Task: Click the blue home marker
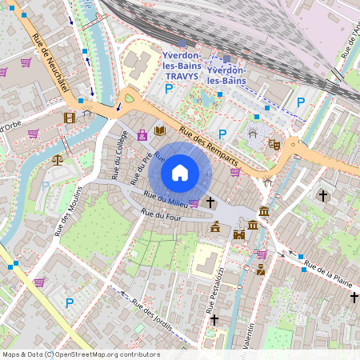(180, 172)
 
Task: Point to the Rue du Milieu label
(165, 199)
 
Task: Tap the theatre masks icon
(273, 144)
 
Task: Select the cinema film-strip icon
(70, 118)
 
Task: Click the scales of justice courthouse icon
(57, 159)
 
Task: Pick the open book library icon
(159, 130)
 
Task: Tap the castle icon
(238, 234)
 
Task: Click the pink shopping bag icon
(142, 135)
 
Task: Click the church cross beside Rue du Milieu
(210, 202)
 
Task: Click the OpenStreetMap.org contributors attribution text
(115, 354)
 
